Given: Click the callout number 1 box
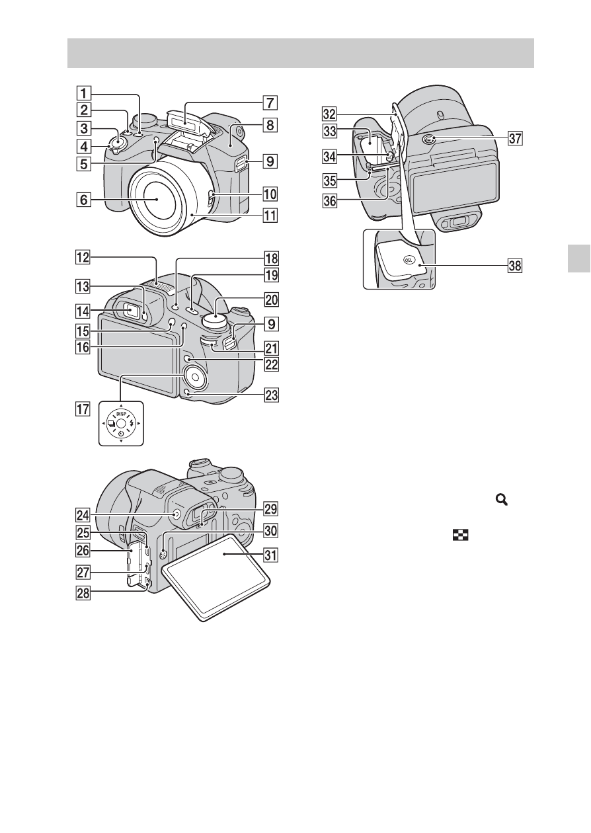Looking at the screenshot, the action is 84,93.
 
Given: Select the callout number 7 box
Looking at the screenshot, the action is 270,102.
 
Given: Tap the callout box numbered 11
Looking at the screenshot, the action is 270,215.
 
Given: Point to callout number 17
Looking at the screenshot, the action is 83,409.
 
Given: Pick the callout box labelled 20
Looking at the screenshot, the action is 271,299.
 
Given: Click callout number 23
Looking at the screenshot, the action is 271,395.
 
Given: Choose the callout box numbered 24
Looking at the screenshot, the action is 83,515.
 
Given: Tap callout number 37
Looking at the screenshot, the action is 516,139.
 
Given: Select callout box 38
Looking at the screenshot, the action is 516,266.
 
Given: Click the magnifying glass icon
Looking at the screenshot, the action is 502,499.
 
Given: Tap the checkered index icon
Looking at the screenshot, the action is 461,535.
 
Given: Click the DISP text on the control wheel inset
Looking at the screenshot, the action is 121,414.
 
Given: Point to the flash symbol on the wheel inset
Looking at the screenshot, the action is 131,424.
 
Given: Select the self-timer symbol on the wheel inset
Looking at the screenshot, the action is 121,434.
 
